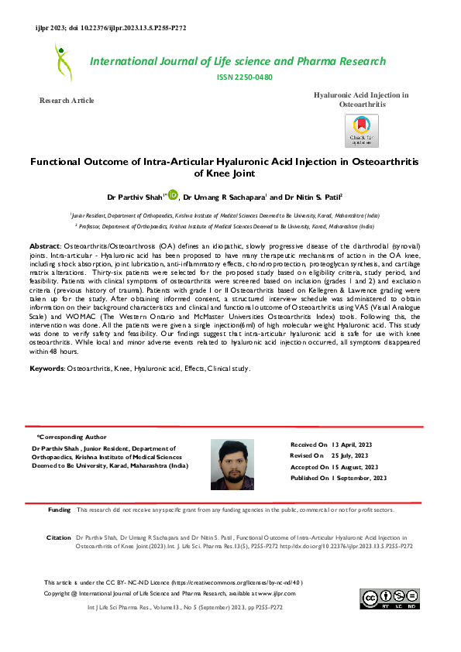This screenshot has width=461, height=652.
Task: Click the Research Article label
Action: point(67,101)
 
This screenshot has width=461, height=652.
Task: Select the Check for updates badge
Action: point(362,131)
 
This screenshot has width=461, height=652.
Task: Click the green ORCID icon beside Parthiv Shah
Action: point(173,194)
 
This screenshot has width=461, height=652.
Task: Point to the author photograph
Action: point(232,464)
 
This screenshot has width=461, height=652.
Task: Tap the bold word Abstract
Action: point(44,244)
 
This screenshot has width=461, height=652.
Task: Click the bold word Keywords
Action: point(46,369)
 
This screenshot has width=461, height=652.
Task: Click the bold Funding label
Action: point(60,510)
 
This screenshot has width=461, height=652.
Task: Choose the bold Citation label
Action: point(59,536)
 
